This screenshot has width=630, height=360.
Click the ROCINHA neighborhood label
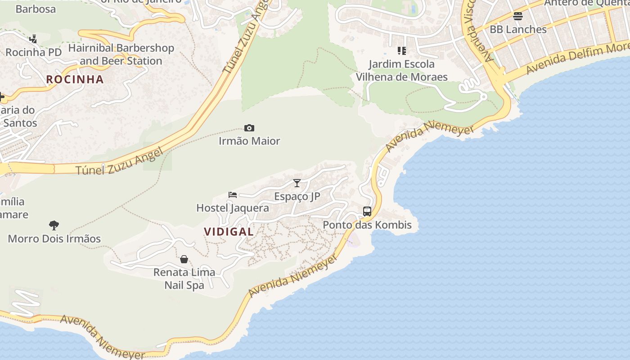point(75,80)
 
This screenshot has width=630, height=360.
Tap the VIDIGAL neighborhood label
point(229,232)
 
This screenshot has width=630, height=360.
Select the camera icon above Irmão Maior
point(249,128)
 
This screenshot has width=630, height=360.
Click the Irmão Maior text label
point(249,141)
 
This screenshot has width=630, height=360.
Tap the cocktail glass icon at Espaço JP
point(297,183)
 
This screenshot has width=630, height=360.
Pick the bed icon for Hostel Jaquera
point(233,195)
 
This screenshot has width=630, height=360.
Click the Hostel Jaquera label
point(233,208)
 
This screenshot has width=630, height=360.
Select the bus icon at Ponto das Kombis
point(367,211)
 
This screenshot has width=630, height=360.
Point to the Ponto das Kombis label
point(367,225)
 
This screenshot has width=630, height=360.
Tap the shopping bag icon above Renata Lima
point(184,259)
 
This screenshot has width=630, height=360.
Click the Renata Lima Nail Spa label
point(184,279)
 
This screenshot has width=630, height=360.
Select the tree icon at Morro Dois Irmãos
point(54,225)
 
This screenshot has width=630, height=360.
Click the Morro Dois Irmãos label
point(54,238)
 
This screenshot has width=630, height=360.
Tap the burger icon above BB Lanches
point(518,16)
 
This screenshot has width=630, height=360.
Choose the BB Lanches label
point(518,29)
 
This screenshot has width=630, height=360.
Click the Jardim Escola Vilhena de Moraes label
point(402,70)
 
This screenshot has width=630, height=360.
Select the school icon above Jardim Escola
point(402,51)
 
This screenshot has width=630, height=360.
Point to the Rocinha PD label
point(33,52)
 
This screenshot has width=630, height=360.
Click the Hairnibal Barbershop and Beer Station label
point(121,54)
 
